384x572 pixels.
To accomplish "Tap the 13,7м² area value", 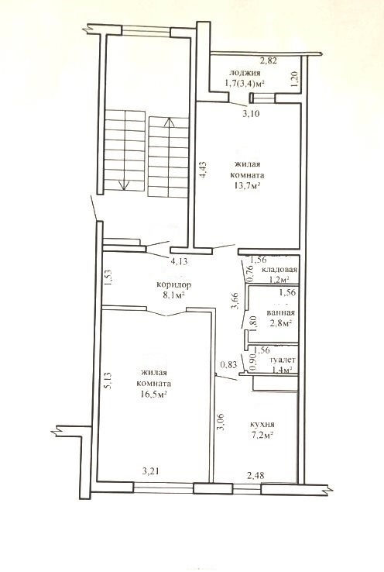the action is coord(248,185).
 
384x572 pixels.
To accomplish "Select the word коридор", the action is coord(173,284).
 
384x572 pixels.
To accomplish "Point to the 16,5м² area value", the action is coord(154,394).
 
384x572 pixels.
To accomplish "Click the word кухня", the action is coord(262,425).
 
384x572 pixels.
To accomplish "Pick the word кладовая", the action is coord(279,270).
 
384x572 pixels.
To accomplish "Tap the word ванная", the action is coord(280,313).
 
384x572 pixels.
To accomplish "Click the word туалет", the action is coord(283,360).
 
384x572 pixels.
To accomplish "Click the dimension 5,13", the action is coord(108,381).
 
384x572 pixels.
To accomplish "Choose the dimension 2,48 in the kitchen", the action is coord(255,475).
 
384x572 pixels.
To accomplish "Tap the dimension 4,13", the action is coord(180,261).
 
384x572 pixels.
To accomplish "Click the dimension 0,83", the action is coord(229,364).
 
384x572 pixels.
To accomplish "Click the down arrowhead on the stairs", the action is coord(124,186).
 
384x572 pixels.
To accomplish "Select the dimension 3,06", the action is coord(220,422).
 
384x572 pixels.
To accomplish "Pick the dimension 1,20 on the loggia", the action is coord(296,78).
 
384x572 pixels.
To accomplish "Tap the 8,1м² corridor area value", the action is coord(173,295).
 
